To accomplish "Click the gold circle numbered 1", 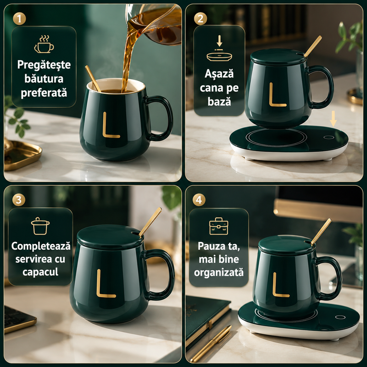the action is pos(19,19).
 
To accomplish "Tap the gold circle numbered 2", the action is pos(200,19).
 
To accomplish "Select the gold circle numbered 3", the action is pos(19,200).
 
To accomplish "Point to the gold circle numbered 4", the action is pos(199,200).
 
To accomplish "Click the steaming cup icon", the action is pos(44,44).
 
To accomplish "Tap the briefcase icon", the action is pos(219,226).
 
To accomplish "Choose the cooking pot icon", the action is pos(40,226).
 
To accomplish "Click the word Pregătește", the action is pos(44,65).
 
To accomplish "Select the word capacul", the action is pos(40,272).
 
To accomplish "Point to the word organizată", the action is pos(219,272).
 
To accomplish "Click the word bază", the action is pos(219,102).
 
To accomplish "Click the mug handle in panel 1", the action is pos(160,118).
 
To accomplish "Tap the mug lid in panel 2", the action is pos(278,56).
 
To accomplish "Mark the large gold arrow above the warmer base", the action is pos(334,119).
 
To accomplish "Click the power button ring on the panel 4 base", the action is pos(340,317).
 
